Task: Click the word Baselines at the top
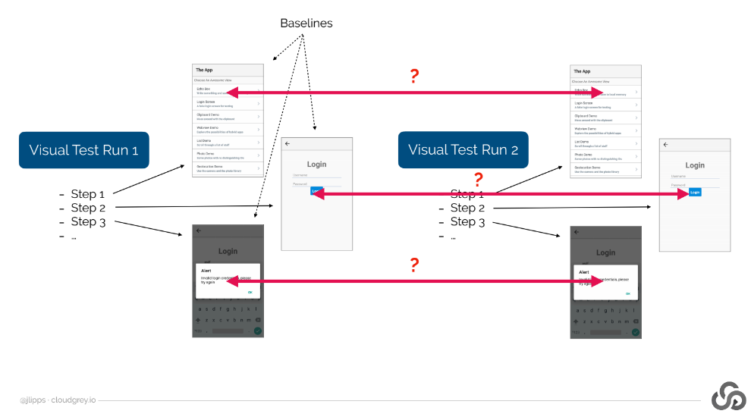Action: click(x=306, y=24)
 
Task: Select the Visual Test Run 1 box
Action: click(x=83, y=149)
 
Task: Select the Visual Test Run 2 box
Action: click(x=463, y=149)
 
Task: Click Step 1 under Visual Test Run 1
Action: click(x=88, y=194)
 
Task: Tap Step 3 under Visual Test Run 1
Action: click(x=88, y=221)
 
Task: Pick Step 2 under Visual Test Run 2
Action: click(x=467, y=208)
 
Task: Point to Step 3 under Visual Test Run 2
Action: click(x=467, y=221)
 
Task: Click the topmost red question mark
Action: click(x=414, y=76)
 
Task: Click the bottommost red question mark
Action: click(x=414, y=265)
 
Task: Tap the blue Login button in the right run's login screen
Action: click(x=695, y=193)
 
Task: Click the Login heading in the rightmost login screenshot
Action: click(x=695, y=165)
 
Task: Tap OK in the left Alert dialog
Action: click(x=250, y=292)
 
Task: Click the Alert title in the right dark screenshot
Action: click(x=584, y=271)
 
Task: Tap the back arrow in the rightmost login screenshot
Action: click(x=666, y=144)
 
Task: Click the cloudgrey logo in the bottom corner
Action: click(x=728, y=398)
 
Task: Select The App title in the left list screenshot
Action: click(x=205, y=71)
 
